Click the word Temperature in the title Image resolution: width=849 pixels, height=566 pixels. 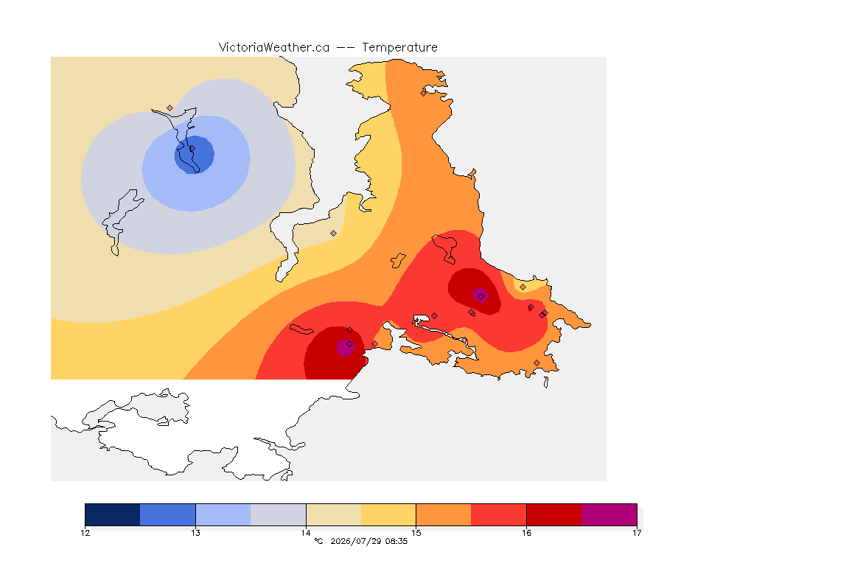(x=399, y=47)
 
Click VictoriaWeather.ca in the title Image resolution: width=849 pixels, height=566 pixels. (x=274, y=47)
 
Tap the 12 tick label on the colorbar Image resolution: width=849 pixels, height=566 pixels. (x=85, y=533)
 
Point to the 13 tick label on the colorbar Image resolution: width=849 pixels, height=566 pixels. (x=195, y=533)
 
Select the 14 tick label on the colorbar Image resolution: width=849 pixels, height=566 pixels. (x=306, y=533)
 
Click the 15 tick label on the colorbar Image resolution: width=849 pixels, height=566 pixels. (x=416, y=533)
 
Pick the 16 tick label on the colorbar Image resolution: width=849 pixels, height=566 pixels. (x=526, y=533)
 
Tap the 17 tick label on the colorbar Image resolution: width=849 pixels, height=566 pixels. (x=637, y=533)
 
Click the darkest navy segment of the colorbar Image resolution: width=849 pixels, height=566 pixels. (x=113, y=514)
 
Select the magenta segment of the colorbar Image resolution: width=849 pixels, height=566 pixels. (x=609, y=514)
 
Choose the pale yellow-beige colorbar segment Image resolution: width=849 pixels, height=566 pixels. (x=334, y=514)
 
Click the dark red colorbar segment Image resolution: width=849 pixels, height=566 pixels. (x=554, y=514)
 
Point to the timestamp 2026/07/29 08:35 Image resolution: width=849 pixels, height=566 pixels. (x=368, y=541)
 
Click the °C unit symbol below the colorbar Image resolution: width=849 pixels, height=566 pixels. (x=318, y=541)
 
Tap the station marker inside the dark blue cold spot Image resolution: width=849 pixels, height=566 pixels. (x=192, y=148)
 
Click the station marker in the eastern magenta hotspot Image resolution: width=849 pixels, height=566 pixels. (x=481, y=296)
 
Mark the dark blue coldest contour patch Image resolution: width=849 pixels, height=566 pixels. (x=195, y=155)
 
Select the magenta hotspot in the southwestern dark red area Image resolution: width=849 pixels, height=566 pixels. (x=345, y=348)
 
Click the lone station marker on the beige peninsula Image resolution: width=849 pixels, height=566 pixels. (x=334, y=234)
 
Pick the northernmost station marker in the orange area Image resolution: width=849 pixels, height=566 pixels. (x=424, y=93)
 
